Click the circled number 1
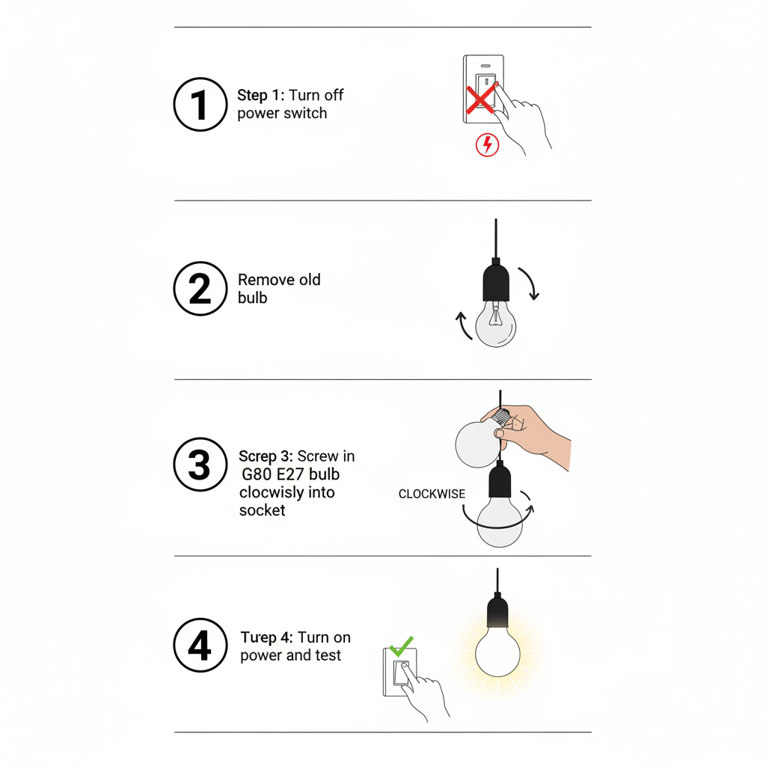[x=200, y=104]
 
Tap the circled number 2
[x=200, y=288]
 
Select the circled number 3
[x=200, y=464]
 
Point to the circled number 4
[x=200, y=645]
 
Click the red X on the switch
[x=481, y=99]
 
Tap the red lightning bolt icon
[x=488, y=144]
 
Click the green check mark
[x=402, y=646]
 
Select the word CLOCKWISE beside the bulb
[x=432, y=494]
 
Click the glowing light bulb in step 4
[x=497, y=652]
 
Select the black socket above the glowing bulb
[x=497, y=610]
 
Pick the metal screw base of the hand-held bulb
[x=501, y=417]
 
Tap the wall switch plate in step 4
[x=400, y=672]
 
